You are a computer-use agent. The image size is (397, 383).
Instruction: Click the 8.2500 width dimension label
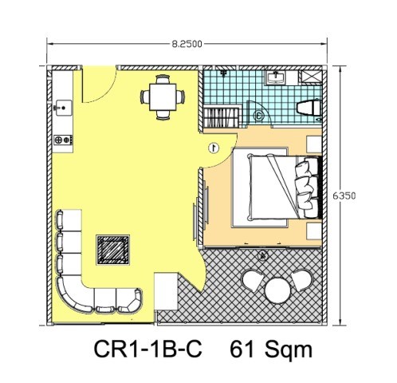(187, 44)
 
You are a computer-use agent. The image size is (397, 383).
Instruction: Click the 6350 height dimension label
(344, 196)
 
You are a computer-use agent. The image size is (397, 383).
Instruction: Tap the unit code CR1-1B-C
(148, 349)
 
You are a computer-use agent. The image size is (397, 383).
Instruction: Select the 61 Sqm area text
(271, 349)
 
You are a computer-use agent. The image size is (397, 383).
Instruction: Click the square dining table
(163, 97)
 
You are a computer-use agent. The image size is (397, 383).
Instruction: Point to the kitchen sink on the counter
(63, 108)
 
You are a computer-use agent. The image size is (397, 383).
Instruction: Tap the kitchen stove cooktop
(63, 140)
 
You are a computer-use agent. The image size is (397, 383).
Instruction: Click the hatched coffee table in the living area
(112, 250)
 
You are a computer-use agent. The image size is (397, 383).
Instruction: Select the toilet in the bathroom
(309, 109)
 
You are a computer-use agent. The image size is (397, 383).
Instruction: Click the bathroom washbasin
(277, 77)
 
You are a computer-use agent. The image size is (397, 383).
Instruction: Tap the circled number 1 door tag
(214, 148)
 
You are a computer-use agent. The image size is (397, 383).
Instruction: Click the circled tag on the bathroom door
(258, 116)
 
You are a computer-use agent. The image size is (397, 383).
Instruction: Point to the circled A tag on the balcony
(263, 256)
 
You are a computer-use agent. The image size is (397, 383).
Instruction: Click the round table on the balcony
(277, 290)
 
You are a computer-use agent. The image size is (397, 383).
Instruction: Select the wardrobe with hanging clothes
(222, 116)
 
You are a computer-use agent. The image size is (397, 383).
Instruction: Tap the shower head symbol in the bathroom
(224, 73)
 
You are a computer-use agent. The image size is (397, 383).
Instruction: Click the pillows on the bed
(307, 187)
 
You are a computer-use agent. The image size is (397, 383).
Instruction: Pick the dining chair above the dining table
(163, 79)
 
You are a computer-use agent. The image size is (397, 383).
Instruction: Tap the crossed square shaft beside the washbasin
(310, 77)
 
